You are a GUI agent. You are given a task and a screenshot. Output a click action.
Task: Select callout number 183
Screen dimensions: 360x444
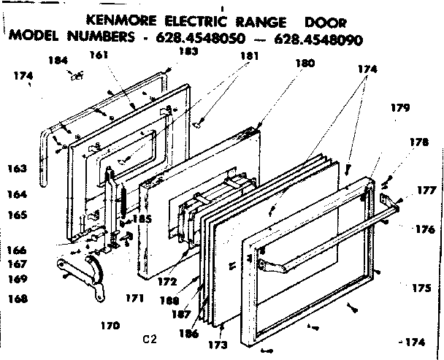point(188,53)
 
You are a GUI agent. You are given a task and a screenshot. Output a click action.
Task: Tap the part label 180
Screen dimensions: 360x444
point(304,64)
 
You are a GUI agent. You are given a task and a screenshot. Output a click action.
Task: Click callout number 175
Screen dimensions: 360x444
point(421,288)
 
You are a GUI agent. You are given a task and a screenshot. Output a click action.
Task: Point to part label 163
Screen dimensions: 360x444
point(18,169)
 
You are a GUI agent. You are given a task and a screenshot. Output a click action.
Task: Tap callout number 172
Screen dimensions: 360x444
point(169,280)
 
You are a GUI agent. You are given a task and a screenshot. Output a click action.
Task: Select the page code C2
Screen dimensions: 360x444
point(150,339)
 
